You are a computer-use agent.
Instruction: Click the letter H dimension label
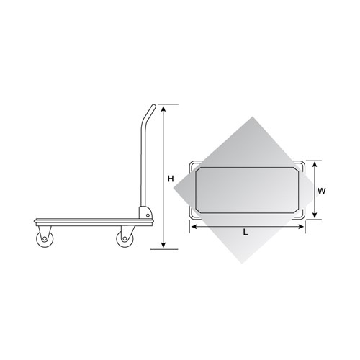click(171, 177)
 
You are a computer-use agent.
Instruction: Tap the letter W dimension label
click(324, 192)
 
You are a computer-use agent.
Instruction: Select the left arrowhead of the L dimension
click(192, 226)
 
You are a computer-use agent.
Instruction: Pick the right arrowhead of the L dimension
click(305, 226)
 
